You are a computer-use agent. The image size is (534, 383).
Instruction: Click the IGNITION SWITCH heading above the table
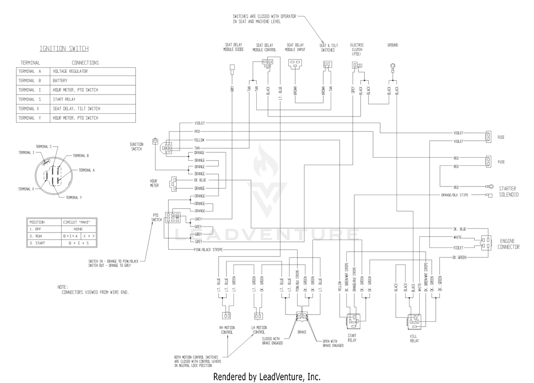[64, 49]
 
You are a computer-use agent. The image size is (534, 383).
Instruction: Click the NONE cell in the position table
[78, 229]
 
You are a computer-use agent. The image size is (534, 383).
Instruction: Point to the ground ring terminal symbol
[393, 66]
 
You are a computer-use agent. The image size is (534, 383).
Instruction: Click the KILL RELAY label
[414, 338]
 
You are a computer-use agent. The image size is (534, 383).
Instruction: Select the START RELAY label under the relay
[352, 338]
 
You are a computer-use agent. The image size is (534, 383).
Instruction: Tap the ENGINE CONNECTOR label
[508, 244]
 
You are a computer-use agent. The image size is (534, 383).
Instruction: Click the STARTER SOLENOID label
[509, 192]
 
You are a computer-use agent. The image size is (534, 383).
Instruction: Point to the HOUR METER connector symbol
[173, 184]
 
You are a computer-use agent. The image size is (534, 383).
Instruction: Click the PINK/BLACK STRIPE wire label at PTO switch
[208, 250]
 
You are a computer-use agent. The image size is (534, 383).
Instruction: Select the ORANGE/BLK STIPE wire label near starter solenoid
[455, 195]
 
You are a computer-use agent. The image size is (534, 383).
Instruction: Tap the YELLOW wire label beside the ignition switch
[199, 140]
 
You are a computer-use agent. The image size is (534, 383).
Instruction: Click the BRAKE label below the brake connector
[302, 332]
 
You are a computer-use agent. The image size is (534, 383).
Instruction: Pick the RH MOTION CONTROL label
[227, 330]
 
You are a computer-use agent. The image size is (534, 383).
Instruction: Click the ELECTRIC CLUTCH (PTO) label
[357, 50]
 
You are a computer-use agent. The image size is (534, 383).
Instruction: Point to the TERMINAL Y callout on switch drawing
[74, 198]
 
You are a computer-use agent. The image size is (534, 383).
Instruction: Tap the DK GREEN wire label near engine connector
[460, 257]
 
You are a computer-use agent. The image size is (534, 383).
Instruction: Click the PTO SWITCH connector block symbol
[173, 218]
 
